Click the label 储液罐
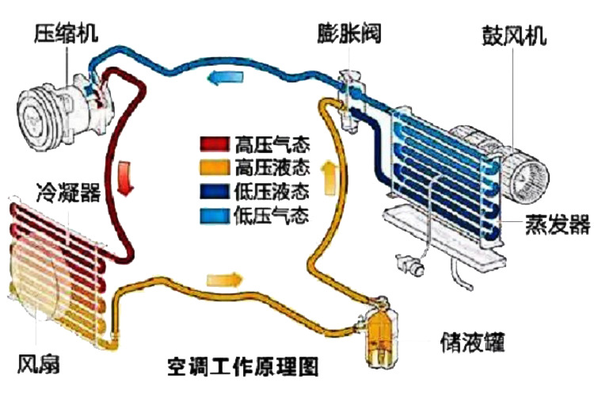pos(472,342)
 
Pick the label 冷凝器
pos(67,191)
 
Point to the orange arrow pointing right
pos(224,279)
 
